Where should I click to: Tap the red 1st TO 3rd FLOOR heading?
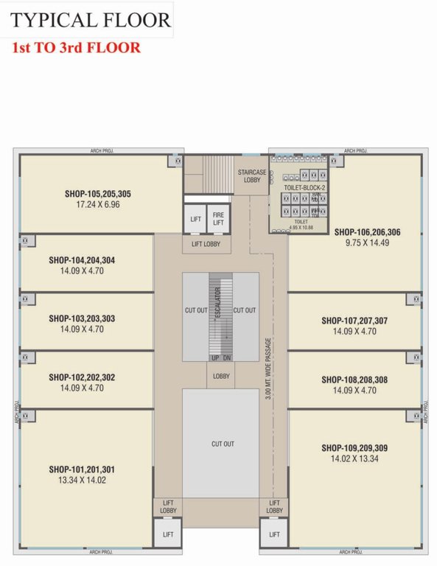click(x=76, y=48)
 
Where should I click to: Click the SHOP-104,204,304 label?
click(x=82, y=260)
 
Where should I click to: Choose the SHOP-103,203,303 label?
click(x=82, y=318)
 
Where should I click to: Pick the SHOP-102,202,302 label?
click(x=82, y=377)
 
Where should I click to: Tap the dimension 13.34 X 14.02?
click(x=82, y=480)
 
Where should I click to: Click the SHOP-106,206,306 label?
click(x=367, y=231)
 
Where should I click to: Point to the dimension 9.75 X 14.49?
click(x=367, y=242)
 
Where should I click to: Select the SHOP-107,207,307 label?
click(x=354, y=321)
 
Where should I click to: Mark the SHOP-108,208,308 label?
click(x=354, y=380)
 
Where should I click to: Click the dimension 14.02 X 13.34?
click(x=354, y=458)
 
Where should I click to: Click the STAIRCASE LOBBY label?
click(x=252, y=176)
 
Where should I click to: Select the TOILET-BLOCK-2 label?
click(x=304, y=188)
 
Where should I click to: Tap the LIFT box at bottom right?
click(x=273, y=534)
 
